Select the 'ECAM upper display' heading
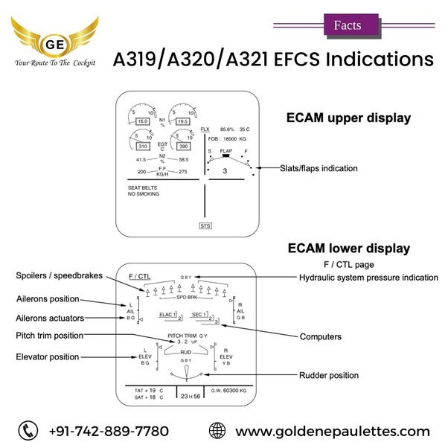(x=348, y=118)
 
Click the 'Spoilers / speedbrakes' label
(x=60, y=276)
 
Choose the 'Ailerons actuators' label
(x=49, y=317)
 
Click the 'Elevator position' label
(x=47, y=357)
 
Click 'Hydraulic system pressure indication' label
(x=368, y=277)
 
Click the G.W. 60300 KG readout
(x=228, y=389)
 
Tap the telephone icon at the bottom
(x=28, y=430)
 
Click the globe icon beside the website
(x=217, y=430)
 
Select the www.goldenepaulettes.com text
(x=332, y=431)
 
